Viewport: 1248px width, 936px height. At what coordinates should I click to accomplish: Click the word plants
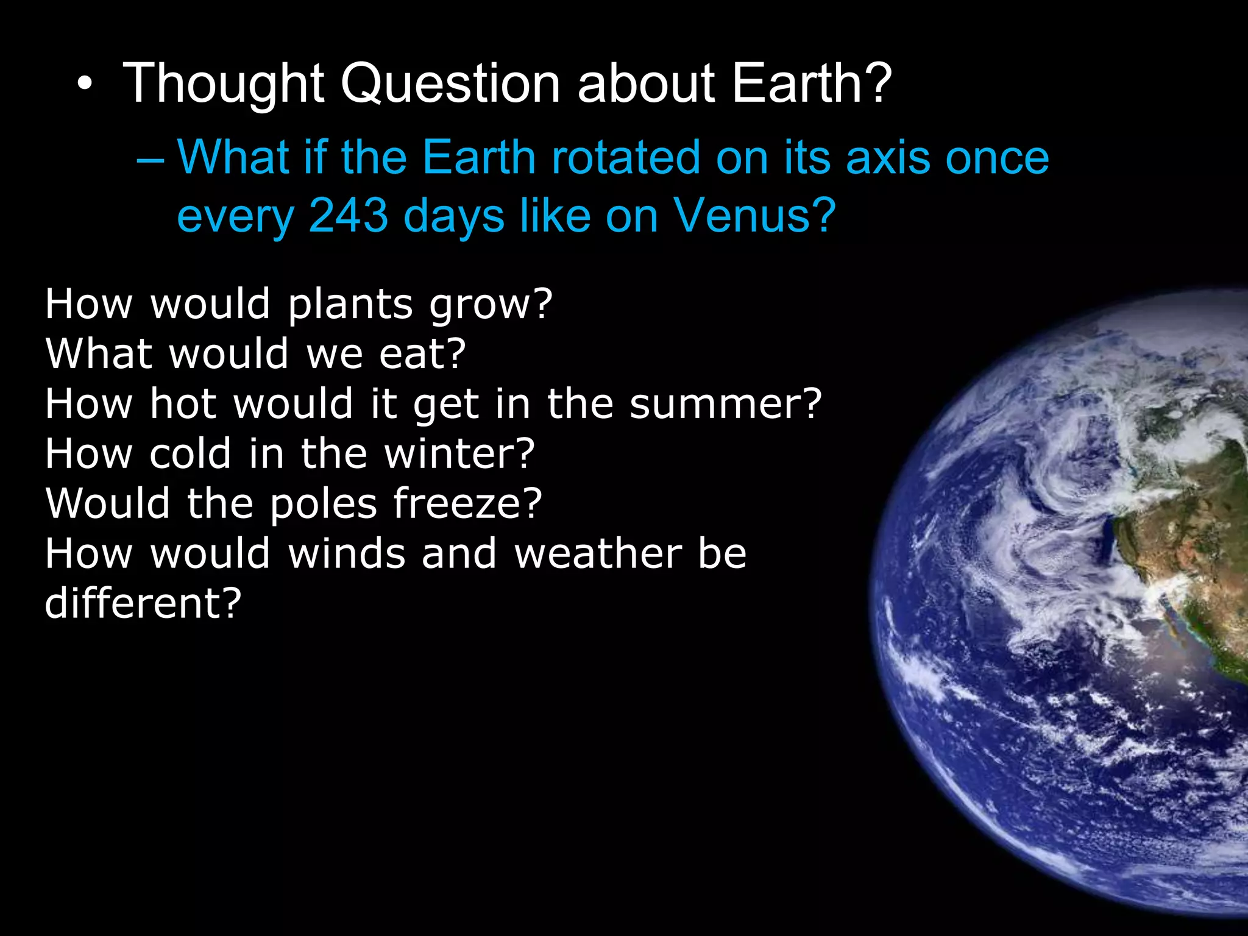pos(350,304)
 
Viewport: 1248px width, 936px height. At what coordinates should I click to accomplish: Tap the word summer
pos(726,404)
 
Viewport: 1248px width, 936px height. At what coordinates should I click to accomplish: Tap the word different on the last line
pos(143,604)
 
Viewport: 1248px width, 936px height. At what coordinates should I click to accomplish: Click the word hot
pos(183,404)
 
